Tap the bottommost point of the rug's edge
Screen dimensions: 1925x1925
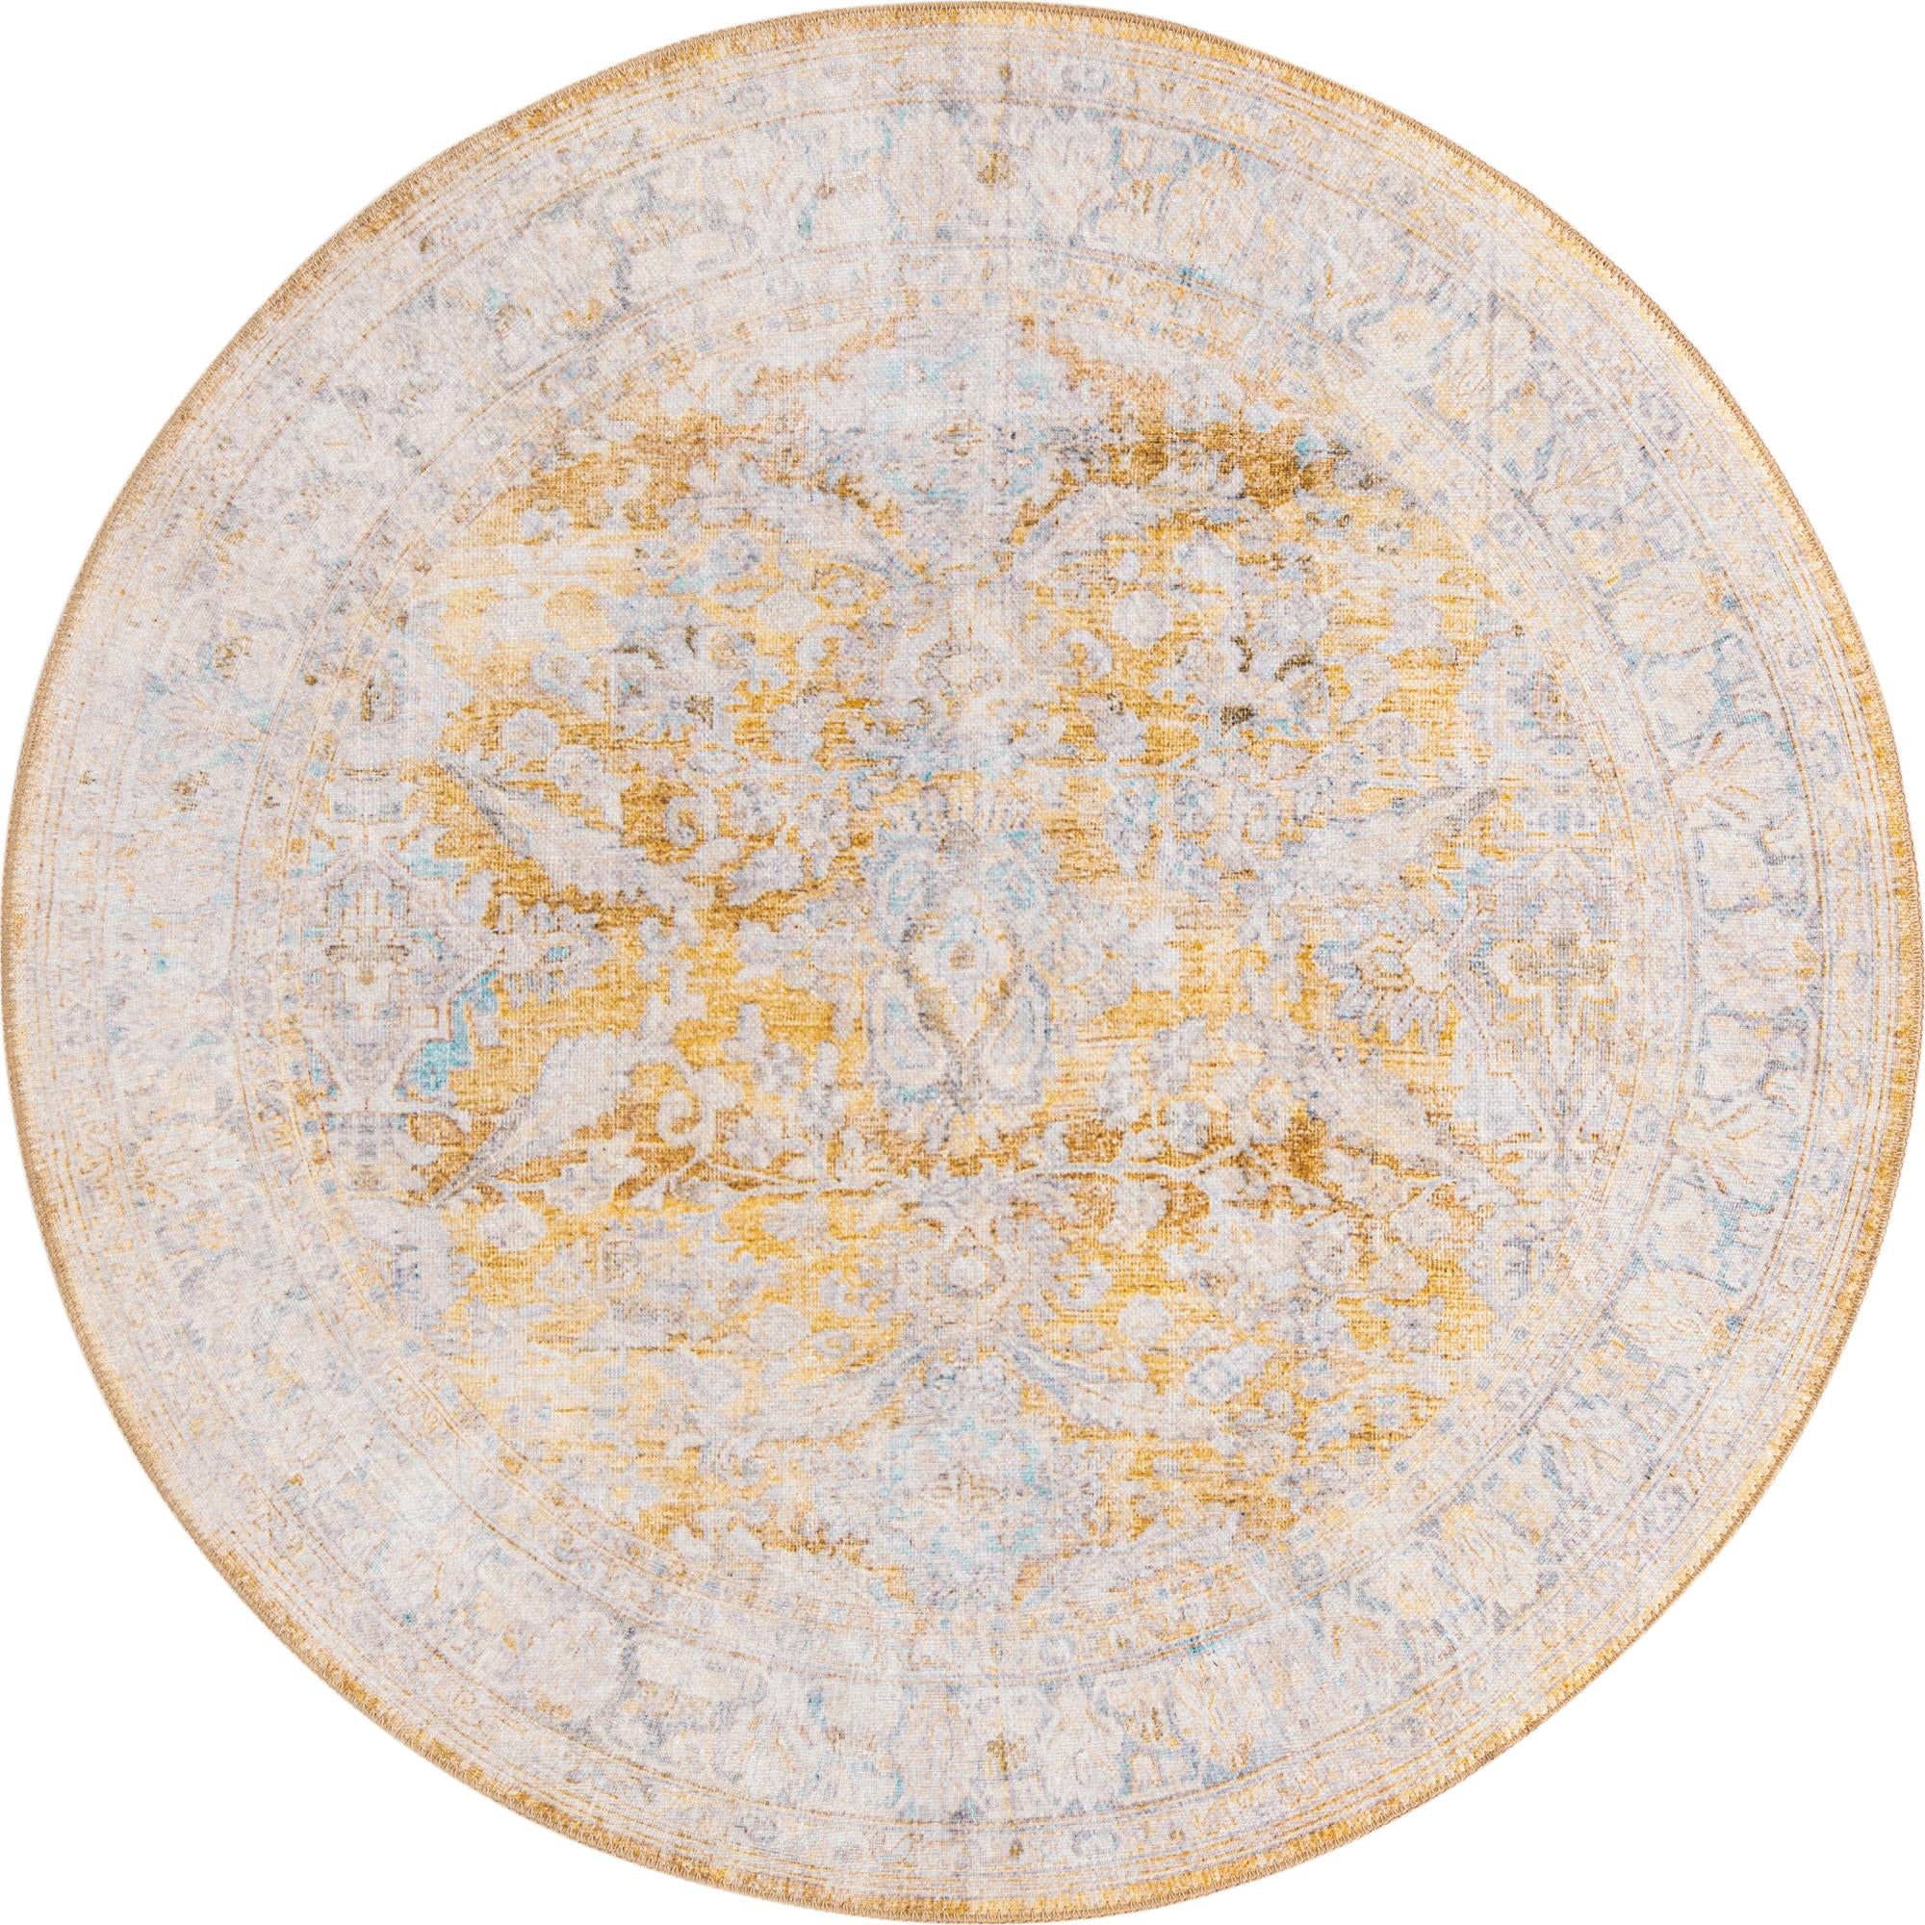point(962,1908)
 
